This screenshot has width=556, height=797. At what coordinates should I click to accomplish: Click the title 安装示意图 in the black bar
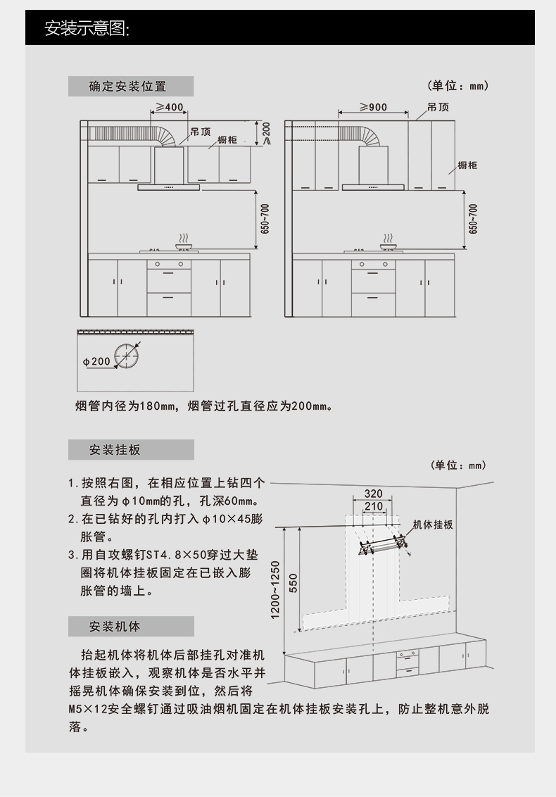pos(87,28)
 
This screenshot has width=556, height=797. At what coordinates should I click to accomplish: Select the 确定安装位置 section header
pos(127,87)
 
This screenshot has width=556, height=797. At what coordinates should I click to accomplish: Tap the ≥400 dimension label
pos(169,107)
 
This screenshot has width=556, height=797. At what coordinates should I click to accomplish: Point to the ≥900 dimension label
pos(373,107)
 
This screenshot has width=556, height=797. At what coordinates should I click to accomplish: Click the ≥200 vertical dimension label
pos(266,132)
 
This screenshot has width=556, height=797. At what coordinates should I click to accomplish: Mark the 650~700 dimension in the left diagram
pos(265,219)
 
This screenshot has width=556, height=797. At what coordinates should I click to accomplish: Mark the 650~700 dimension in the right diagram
pos(473,219)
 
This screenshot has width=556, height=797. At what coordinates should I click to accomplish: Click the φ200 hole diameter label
pos(96,361)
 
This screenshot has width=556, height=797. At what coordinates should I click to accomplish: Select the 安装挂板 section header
pos(115,450)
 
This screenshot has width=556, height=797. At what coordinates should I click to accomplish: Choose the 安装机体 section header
pos(115,627)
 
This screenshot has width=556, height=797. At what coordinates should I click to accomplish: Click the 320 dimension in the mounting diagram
pos(373,494)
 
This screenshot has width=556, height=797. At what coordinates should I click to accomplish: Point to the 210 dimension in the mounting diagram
pos(373,506)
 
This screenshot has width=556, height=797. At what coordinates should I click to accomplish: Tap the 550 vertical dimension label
pos(293,583)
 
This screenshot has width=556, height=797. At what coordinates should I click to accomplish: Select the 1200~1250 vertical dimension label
pos(275,589)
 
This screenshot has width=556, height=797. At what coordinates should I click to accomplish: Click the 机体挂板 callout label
pos(433,525)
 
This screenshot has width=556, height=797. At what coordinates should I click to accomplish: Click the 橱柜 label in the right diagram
pos(467,165)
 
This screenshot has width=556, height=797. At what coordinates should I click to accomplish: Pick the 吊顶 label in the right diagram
pos(438,107)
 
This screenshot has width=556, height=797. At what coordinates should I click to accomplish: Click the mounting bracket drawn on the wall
pos(383,543)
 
